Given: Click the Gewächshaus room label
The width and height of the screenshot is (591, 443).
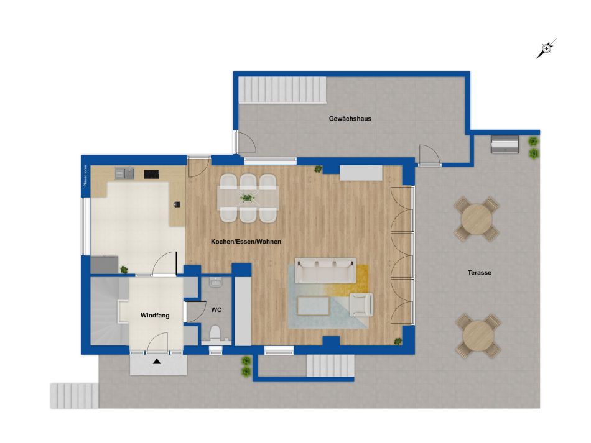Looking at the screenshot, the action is (x=350, y=119).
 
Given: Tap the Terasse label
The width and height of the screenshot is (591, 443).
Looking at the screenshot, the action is (x=480, y=273).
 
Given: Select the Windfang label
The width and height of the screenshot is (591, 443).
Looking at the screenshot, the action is (x=155, y=316).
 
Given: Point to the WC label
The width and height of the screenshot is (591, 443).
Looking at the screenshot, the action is (x=216, y=310).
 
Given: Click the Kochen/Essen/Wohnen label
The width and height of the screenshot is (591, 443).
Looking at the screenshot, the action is (x=246, y=242).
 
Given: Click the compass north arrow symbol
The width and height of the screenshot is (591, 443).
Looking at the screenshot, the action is (x=547, y=48).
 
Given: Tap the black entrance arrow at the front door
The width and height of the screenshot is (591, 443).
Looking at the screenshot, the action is (x=157, y=362).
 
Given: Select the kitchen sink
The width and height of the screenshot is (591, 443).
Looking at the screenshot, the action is (x=125, y=173).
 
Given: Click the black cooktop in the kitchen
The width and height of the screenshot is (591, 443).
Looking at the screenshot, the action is (x=152, y=174).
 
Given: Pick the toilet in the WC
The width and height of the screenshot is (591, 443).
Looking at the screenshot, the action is (x=215, y=334).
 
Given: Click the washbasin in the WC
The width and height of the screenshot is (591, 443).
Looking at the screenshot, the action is (x=216, y=282).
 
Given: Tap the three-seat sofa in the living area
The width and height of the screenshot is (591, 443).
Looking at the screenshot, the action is (x=325, y=270).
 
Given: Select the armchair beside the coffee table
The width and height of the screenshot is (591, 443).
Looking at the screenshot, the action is (x=361, y=304).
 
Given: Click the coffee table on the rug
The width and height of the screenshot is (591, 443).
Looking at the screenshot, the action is (x=313, y=306).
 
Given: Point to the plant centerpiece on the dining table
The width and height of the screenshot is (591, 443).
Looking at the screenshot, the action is (x=247, y=197).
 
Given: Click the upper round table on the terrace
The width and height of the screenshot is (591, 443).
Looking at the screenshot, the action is (x=477, y=219).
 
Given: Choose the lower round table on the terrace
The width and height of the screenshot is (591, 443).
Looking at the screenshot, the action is (x=478, y=336).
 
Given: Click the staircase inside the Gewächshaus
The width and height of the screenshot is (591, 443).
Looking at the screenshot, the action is (x=282, y=89).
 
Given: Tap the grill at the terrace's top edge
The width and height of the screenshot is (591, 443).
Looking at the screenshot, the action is (x=505, y=144).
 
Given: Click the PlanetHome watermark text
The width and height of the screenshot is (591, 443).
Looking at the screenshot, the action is (x=85, y=176).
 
